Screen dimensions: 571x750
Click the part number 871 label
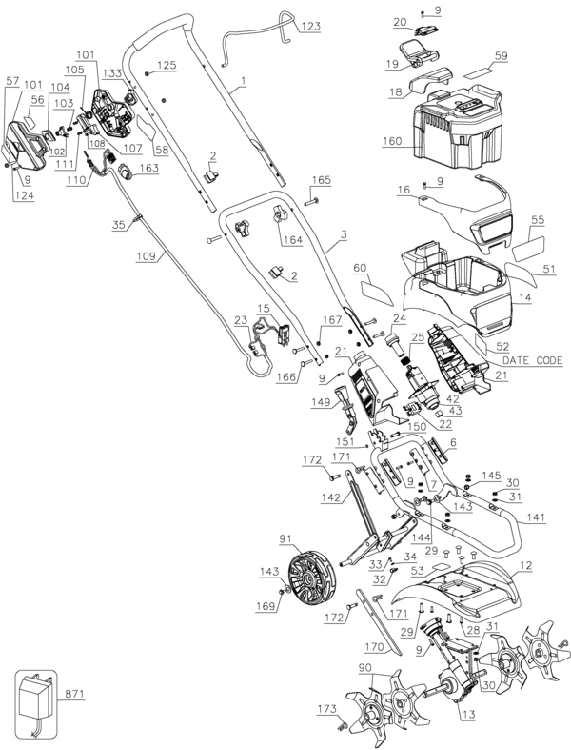pyautogui.click(x=74, y=694)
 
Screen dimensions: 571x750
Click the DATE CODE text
pyautogui.click(x=532, y=360)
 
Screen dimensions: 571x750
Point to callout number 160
pyautogui.click(x=392, y=142)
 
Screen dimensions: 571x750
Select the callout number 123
pyautogui.click(x=310, y=27)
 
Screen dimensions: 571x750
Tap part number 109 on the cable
pyautogui.click(x=146, y=256)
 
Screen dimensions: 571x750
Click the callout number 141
pyautogui.click(x=535, y=517)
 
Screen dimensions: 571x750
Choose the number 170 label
pyautogui.click(x=374, y=648)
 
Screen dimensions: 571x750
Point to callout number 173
pyautogui.click(x=327, y=709)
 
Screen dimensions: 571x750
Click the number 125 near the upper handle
pyautogui.click(x=167, y=65)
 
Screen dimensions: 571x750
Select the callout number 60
pyautogui.click(x=360, y=268)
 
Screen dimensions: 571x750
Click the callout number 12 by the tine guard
pyautogui.click(x=525, y=566)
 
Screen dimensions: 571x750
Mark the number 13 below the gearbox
pyautogui.click(x=469, y=715)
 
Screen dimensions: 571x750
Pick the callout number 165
pyautogui.click(x=321, y=180)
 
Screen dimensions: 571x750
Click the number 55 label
pyautogui.click(x=538, y=220)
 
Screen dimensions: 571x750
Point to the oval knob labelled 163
pyautogui.click(x=127, y=171)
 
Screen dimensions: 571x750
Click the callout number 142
pyautogui.click(x=331, y=497)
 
